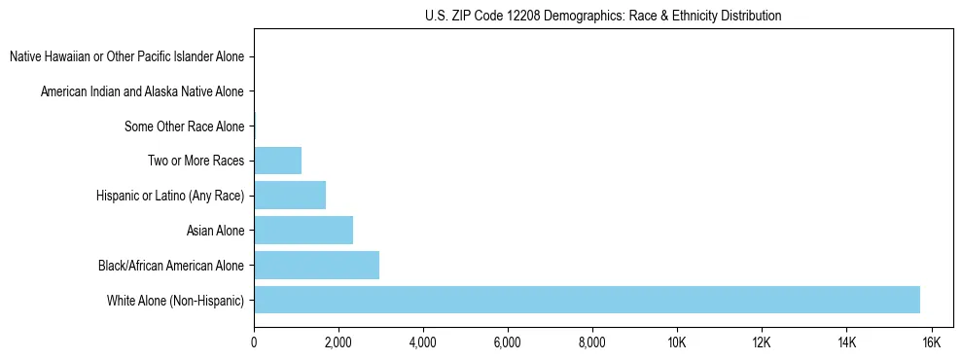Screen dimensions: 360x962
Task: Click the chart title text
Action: [603, 16]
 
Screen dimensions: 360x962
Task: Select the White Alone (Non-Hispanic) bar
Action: [587, 300]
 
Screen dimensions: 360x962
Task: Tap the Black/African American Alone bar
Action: [316, 265]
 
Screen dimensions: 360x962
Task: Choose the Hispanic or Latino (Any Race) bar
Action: [290, 196]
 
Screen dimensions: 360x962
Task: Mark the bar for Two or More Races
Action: [277, 161]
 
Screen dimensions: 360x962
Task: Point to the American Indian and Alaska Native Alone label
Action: [142, 92]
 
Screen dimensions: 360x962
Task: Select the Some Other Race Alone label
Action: [185, 126]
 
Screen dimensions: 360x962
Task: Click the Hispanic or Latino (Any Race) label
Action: [170, 197]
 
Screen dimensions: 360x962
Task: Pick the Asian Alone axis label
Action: [215, 231]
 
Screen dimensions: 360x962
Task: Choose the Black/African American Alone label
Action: [171, 266]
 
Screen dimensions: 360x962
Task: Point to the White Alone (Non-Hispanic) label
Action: [176, 301]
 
